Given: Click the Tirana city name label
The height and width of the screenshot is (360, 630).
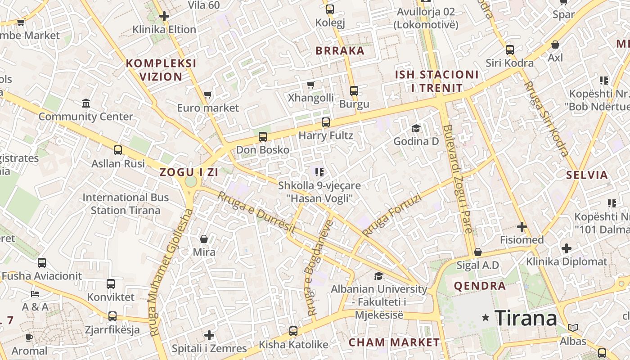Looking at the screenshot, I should click(x=526, y=318).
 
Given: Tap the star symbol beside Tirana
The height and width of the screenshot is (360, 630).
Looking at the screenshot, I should click(x=485, y=318).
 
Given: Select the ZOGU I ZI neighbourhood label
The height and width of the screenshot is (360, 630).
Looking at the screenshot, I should click(x=189, y=172).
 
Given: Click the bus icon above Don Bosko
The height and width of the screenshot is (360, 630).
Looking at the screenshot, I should click(x=263, y=137).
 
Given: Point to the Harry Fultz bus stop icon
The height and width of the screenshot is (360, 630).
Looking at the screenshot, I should click(x=326, y=122).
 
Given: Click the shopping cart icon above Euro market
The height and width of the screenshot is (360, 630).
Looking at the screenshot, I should click(x=207, y=94).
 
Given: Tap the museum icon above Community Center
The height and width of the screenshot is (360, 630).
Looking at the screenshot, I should click(x=86, y=103).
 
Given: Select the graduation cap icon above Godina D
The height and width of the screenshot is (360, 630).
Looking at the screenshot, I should click(x=416, y=129).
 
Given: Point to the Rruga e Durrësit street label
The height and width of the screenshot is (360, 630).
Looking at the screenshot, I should click(x=256, y=212).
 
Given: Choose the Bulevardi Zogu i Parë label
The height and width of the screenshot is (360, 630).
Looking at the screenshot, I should click(x=458, y=179).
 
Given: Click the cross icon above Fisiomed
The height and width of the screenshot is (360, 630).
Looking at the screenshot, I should click(x=522, y=227).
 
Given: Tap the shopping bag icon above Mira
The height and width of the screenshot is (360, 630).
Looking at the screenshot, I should click(x=204, y=239).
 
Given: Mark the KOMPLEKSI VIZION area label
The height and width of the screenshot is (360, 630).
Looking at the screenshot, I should click(x=161, y=70).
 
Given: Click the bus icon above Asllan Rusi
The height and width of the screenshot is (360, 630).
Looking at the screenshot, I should click(x=118, y=150).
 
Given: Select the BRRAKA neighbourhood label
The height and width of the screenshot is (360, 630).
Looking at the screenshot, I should click(x=340, y=50).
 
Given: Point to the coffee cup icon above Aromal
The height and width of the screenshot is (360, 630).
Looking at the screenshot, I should click(x=29, y=337).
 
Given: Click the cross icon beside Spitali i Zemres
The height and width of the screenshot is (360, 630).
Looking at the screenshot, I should click(x=209, y=335).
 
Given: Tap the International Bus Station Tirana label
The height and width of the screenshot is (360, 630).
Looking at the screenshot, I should click(x=126, y=204).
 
